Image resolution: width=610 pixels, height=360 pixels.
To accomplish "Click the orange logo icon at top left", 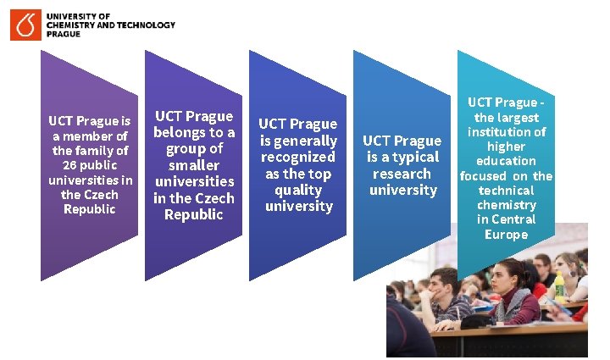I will coord(25,25).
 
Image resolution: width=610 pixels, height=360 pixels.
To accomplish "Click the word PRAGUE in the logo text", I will coord(64,35).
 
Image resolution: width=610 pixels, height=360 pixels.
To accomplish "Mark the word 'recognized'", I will coord(298,157).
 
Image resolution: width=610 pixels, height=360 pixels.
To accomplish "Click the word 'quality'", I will coord(298,190).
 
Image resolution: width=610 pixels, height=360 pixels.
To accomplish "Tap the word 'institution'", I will coord(507,131).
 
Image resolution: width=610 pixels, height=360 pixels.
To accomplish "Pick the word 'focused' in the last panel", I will coord(483,176).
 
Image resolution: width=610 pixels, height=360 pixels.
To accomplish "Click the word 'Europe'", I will coord(506,235).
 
